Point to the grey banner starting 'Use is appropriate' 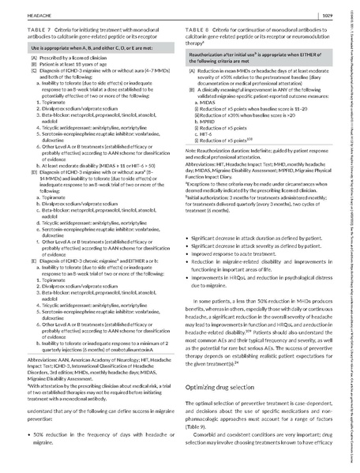pos(96,49)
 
